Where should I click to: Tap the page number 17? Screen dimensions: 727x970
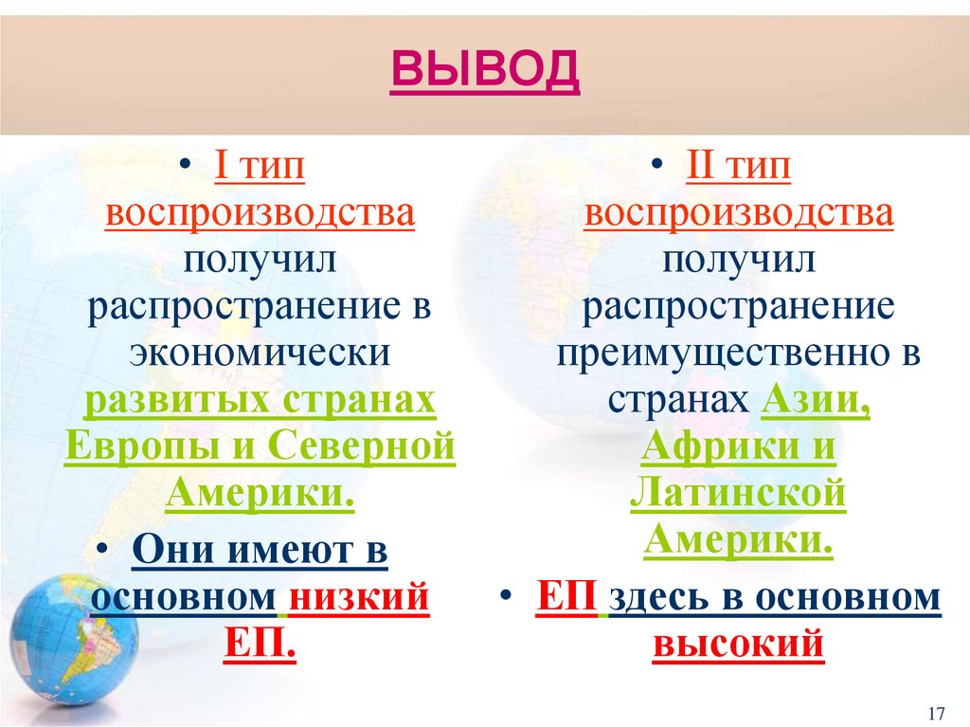coord(938,712)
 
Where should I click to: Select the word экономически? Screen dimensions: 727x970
coord(260,354)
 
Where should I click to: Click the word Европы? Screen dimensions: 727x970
coord(137,445)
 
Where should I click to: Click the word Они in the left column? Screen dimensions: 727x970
coord(171,552)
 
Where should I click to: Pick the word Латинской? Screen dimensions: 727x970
coord(738,493)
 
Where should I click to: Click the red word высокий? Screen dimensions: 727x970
coord(738,645)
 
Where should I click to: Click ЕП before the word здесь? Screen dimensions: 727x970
coord(566,599)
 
